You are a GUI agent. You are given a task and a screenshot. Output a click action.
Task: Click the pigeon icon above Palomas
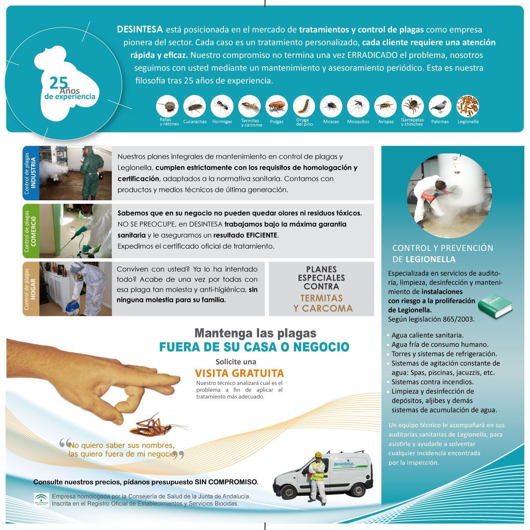[x=440, y=106]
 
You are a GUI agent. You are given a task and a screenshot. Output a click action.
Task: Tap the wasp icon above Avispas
[x=385, y=106]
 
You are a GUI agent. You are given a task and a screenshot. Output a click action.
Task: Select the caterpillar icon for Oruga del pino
[x=304, y=106]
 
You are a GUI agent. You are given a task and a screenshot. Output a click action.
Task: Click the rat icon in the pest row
[x=167, y=106]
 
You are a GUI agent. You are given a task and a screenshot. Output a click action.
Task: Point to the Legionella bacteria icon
[x=468, y=106]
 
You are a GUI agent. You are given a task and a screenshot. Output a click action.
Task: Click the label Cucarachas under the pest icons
[x=195, y=122]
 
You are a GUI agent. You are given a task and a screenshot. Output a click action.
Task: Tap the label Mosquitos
[x=358, y=122]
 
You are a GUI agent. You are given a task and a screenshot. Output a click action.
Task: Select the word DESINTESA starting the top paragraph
[x=140, y=29]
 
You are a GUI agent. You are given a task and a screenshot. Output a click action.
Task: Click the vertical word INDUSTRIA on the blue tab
[x=33, y=173]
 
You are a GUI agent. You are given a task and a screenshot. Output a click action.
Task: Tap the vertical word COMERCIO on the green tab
[x=33, y=231]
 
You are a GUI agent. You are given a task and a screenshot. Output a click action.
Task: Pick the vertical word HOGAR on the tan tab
[x=33, y=289]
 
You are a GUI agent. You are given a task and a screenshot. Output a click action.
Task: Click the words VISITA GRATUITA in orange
[x=239, y=373]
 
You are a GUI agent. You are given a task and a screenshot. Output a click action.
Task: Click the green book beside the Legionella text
[x=495, y=306]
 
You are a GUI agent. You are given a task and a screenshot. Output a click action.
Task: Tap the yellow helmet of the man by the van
[x=318, y=455]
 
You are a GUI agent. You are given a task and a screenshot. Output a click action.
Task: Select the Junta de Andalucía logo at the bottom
[x=41, y=500]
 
